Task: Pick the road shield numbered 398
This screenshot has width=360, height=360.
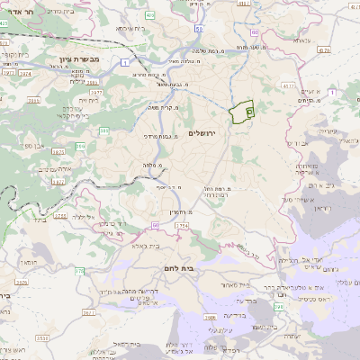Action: click(x=279, y=307)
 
